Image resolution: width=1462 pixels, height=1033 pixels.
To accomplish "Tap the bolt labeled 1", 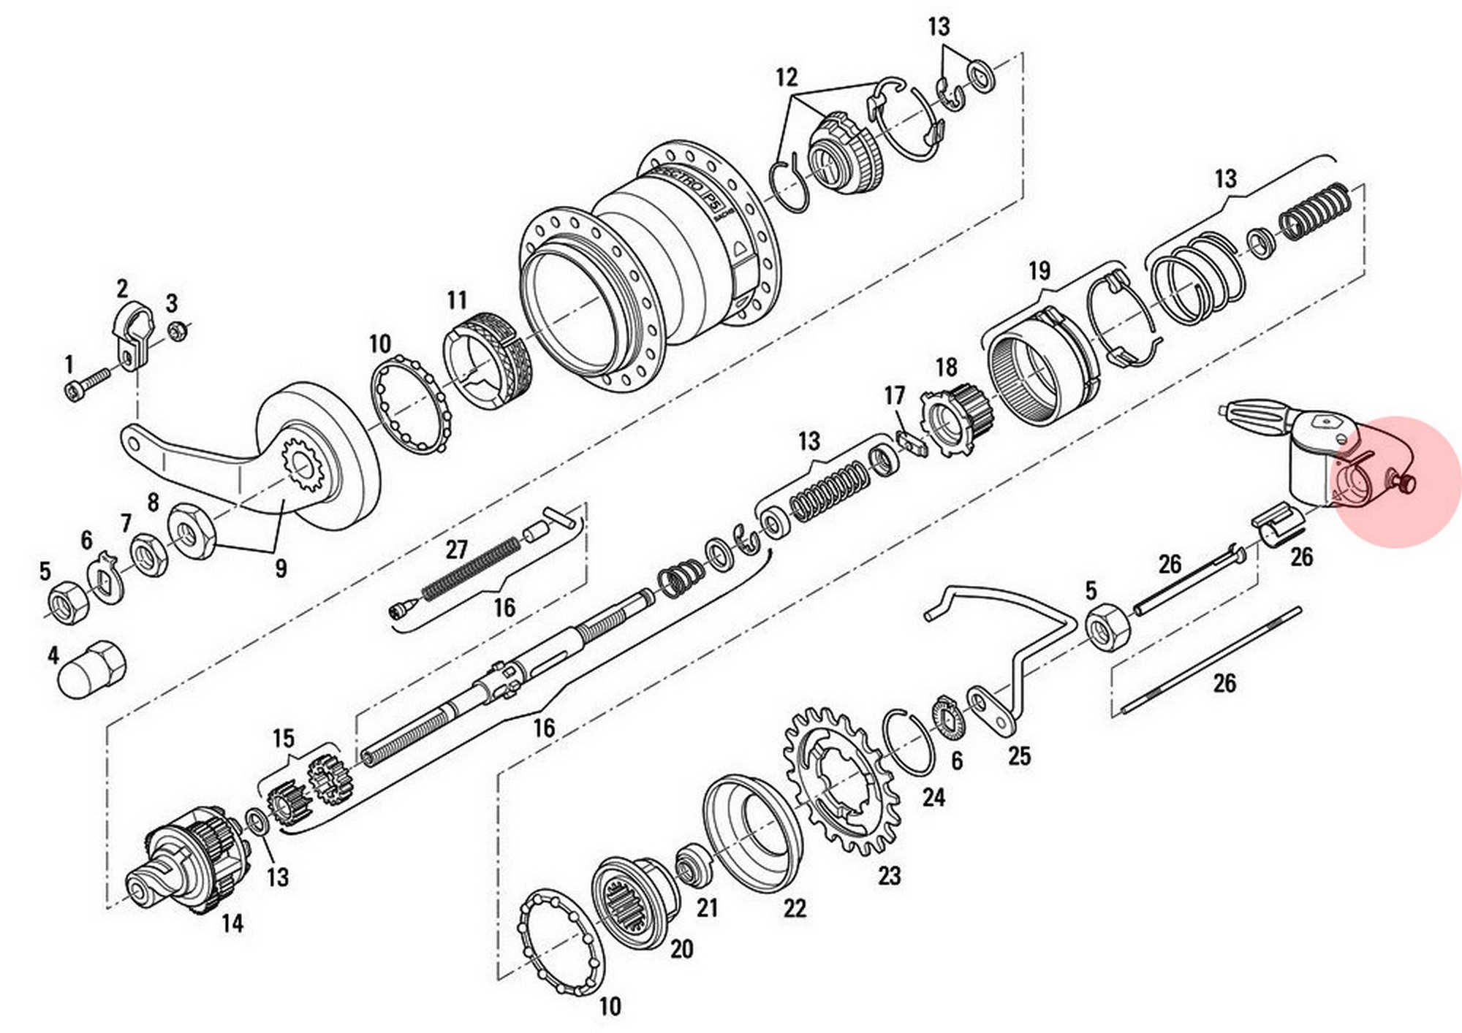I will (x=86, y=384).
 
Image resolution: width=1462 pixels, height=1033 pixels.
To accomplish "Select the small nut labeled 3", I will (x=175, y=331).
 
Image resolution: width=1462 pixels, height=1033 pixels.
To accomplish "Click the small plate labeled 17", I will (x=909, y=441).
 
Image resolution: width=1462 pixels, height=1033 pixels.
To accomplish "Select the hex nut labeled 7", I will (x=149, y=553).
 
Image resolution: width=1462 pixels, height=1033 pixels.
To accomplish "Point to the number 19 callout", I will (x=1039, y=271).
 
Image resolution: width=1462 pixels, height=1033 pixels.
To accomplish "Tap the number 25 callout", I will (x=1019, y=755).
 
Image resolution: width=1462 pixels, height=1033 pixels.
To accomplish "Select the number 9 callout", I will (x=281, y=568).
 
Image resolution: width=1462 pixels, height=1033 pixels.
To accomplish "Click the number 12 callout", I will (x=786, y=77).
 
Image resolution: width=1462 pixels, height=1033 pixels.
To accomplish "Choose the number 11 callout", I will (x=457, y=300).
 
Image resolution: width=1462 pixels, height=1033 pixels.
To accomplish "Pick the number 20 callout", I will (x=681, y=949).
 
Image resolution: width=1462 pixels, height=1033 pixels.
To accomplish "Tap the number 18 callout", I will (x=946, y=367).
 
